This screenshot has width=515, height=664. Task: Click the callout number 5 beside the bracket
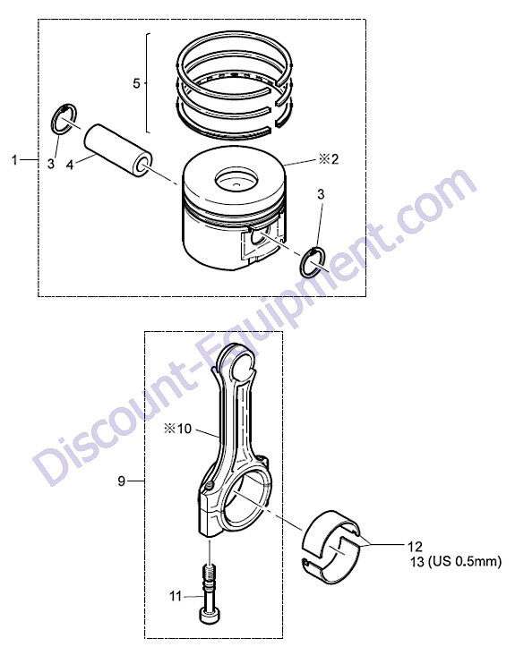pyautogui.click(x=136, y=83)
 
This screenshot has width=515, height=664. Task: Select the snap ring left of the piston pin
pyautogui.click(x=64, y=118)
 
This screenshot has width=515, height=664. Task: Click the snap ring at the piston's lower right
pyautogui.click(x=313, y=262)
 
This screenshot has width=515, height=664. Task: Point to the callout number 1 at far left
pyautogui.click(x=15, y=160)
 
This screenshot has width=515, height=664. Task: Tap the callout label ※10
pyautogui.click(x=177, y=429)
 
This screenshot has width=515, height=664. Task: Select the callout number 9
pyautogui.click(x=122, y=481)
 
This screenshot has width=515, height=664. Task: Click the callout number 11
pyautogui.click(x=176, y=596)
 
